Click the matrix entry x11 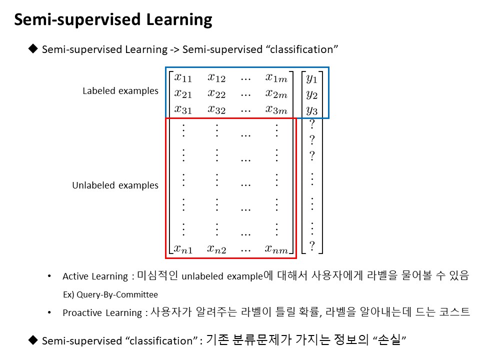coord(183,78)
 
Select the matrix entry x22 coord(216,93)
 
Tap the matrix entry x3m coord(276,109)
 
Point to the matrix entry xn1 coord(183,249)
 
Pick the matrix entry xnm coord(276,249)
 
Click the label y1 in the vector coord(311,78)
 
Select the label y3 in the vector coord(311,110)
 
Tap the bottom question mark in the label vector coord(312,245)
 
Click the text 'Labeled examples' coord(120,91)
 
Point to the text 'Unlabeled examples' coord(115,185)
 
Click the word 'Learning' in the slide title coord(179,20)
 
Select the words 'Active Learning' coord(95,276)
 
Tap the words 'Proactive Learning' coord(102,313)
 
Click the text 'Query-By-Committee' coord(117,294)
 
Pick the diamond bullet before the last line coord(33,340)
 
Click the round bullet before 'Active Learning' coord(49,276)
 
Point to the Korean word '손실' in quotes coord(389,339)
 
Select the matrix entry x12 coord(216,78)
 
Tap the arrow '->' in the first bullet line coord(174,49)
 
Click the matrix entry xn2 coord(216,249)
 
